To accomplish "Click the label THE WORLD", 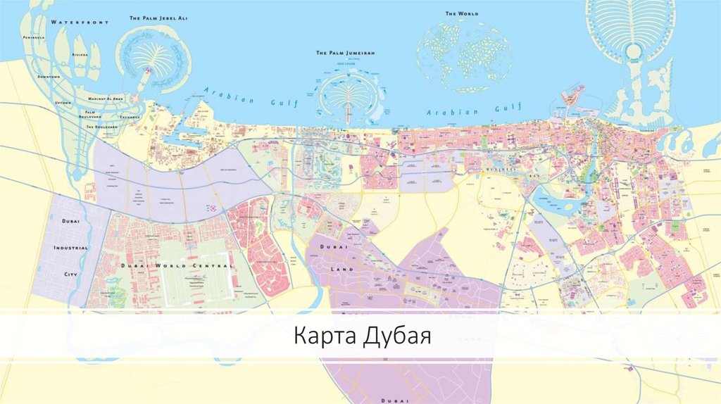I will click(462, 13).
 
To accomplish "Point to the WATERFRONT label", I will click(80, 23).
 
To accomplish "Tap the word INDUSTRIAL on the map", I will click(70, 248).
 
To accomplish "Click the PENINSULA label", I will click(34, 37).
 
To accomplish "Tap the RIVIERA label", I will click(80, 54).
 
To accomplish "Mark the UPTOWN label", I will click(63, 103).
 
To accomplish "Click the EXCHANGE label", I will click(130, 116).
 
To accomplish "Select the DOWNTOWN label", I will click(49, 76).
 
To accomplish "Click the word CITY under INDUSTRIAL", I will click(70, 273).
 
